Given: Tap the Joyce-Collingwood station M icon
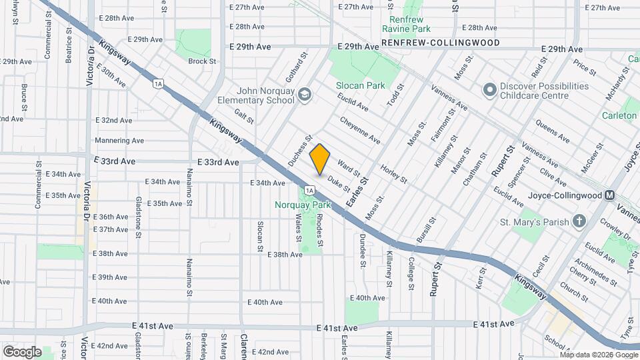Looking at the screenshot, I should coord(609,196).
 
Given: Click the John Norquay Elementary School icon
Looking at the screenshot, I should coord(305,94).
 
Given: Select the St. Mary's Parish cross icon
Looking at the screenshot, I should coord(579,222).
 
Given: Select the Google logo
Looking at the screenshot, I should coord(22,351).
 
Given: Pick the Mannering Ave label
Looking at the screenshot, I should coord(119,141).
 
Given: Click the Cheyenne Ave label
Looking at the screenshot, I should coord(360,130).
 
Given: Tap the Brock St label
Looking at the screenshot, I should coord(202,61).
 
